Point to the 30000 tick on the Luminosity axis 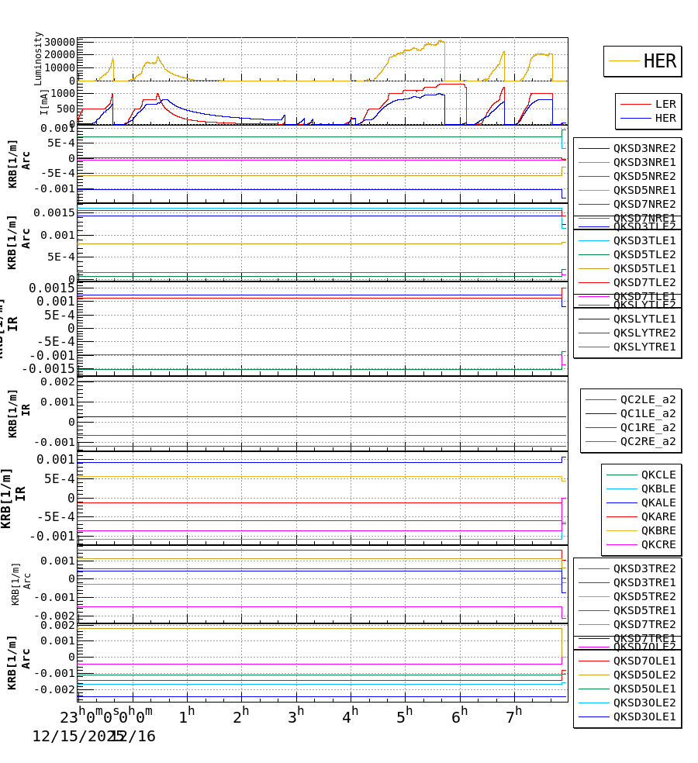coord(60,42)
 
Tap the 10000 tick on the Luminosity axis coord(60,67)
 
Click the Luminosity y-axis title coord(38,58)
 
